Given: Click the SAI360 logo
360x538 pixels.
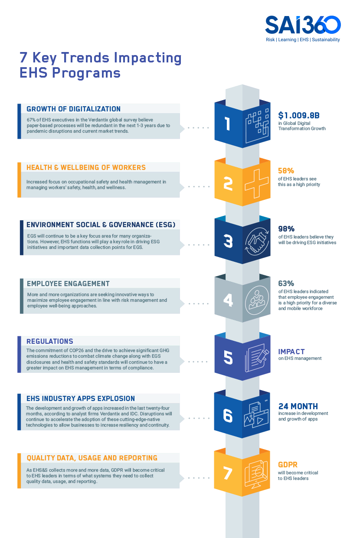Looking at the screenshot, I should (x=303, y=26).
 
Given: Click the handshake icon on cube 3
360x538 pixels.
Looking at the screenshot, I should (x=256, y=241).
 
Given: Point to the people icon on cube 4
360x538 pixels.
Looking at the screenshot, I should (x=256, y=299).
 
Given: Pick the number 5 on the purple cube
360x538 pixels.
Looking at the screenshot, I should (x=228, y=358).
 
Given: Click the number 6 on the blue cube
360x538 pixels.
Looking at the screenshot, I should (x=228, y=415).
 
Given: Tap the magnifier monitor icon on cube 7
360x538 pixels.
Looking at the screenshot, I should (x=256, y=473).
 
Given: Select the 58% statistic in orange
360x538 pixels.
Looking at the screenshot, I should (x=286, y=171).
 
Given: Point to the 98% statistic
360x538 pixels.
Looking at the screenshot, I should (x=286, y=229).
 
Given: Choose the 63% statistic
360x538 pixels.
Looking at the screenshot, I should (x=286, y=284).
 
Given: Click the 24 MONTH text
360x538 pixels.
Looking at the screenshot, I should (x=298, y=406).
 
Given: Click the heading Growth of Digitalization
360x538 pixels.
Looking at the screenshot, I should (x=73, y=109).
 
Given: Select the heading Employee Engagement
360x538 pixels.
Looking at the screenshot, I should (x=68, y=284).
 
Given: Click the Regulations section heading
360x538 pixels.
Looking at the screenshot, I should (x=50, y=341).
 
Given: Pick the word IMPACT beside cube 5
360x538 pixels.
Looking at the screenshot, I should (x=291, y=352).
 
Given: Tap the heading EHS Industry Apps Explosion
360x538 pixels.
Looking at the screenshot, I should (x=81, y=398).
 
